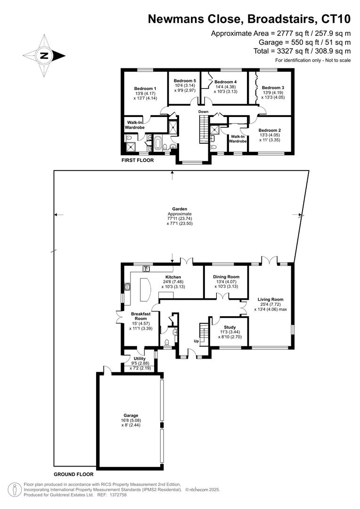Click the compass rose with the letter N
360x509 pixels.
44,56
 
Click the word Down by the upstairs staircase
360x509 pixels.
203,112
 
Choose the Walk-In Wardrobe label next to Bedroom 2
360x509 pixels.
238,139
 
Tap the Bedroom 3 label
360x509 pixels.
274,88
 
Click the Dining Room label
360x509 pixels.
227,277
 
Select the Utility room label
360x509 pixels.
139,359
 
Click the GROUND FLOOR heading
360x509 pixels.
73,475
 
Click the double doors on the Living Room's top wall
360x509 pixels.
270,260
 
